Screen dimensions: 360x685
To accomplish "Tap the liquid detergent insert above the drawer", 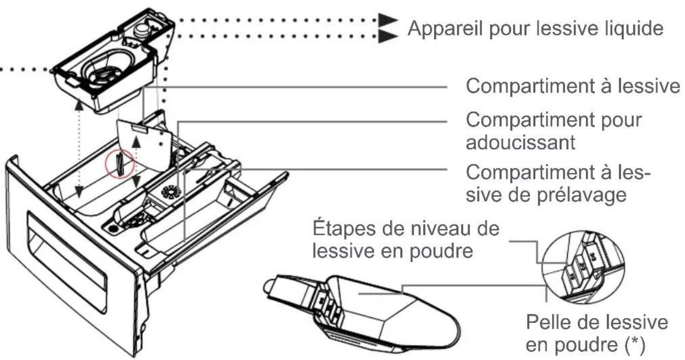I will [114, 61].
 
